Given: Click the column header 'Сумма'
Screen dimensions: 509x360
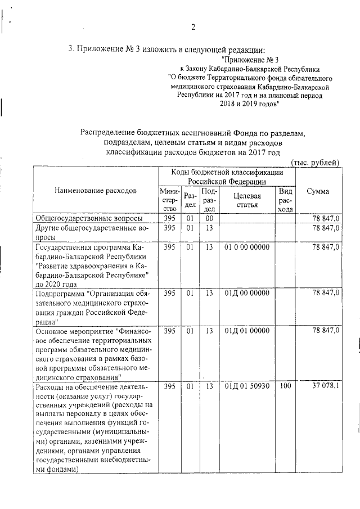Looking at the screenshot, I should tap(318, 191).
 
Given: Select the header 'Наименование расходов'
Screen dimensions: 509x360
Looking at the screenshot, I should tap(95, 191).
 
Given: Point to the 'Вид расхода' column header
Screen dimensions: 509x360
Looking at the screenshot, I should tap(285, 200).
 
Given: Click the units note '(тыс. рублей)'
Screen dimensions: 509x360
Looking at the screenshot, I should tap(315, 163).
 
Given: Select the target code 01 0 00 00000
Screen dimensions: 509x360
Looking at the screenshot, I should tap(247, 247).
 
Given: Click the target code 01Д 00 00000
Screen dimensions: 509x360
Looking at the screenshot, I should tap(247, 293).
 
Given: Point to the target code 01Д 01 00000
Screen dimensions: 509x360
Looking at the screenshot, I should tap(247, 331).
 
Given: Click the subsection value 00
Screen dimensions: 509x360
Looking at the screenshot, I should tap(209, 218).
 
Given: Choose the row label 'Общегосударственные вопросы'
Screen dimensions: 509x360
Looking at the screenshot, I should tap(88, 218).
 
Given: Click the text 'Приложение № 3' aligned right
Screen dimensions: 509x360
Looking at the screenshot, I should tap(250, 59).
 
